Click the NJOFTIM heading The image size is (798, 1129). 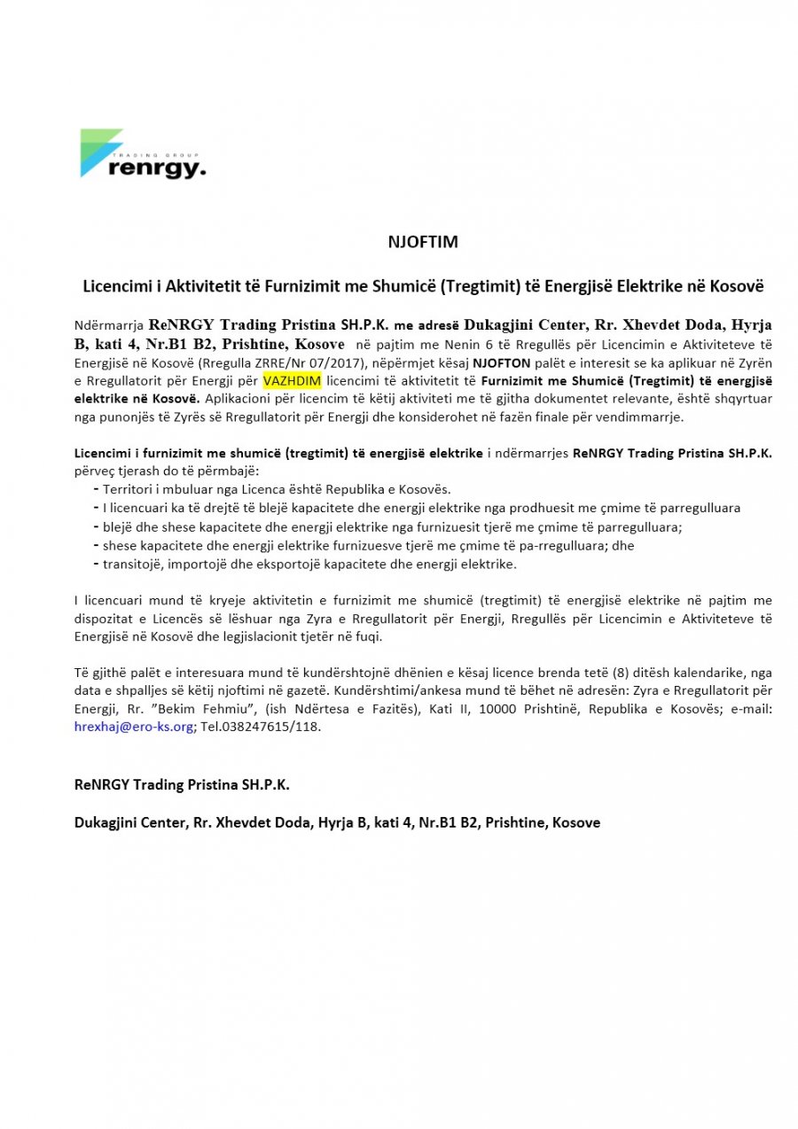[423, 241]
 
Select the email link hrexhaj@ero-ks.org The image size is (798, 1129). [133, 726]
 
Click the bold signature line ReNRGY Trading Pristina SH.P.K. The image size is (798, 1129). [182, 785]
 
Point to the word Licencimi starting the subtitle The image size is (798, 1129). [114, 287]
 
